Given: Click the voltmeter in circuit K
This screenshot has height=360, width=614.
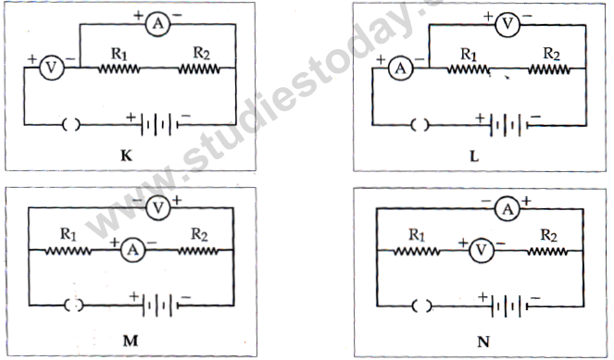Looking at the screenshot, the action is coord(54,67).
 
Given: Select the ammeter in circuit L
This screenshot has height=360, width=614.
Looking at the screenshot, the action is coord(401,67).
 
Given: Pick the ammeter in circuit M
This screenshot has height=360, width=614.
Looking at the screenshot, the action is coord(133,248).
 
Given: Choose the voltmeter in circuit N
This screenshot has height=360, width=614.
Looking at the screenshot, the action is coord(482,248).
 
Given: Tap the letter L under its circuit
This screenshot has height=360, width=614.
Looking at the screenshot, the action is coord(473,157).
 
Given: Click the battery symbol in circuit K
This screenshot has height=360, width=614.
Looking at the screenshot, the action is coord(158,123).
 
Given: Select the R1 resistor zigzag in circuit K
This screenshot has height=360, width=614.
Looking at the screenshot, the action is coord(119,67).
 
